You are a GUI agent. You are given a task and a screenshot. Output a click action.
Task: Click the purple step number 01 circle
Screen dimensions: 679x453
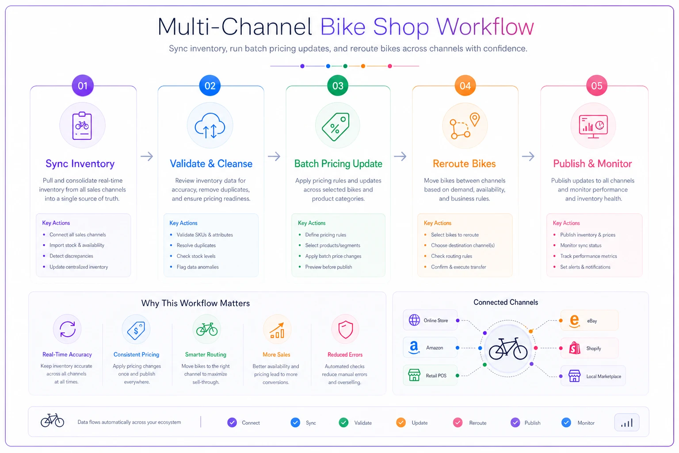coord(83,85)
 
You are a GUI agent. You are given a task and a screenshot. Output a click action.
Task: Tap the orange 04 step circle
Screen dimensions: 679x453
coord(465,85)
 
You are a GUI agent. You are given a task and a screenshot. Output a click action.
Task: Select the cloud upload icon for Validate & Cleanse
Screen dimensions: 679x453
coord(210,126)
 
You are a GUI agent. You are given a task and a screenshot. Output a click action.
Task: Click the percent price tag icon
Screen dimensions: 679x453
coord(336,127)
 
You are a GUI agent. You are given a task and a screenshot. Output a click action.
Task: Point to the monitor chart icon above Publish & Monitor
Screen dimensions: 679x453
coord(593,127)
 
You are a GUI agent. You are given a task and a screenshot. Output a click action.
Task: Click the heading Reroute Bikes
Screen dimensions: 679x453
coord(464,164)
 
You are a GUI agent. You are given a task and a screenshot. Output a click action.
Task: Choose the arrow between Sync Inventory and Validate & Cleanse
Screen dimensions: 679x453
coord(147,156)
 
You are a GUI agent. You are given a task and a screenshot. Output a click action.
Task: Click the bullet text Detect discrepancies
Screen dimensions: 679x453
coord(71,256)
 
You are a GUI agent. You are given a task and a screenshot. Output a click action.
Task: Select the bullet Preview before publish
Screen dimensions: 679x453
coord(328,267)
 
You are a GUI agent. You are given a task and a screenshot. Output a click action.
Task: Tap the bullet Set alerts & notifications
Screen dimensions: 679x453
coord(585,267)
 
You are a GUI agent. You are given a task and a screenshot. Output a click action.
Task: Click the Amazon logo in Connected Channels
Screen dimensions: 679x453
coord(414,347)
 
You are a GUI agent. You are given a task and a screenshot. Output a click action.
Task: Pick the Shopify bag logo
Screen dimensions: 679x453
coord(574,348)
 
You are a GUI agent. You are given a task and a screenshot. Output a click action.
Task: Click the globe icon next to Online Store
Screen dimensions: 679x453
coord(414,320)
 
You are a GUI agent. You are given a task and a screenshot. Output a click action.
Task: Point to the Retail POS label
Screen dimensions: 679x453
coord(436,376)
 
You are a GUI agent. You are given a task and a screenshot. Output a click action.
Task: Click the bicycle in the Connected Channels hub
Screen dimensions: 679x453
coord(508,348)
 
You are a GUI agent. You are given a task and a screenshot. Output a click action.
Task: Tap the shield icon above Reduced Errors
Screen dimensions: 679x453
coord(345,330)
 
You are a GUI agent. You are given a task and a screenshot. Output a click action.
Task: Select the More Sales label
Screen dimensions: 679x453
coord(276,354)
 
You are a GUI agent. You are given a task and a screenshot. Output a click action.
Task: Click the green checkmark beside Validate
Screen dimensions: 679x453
coord(343,422)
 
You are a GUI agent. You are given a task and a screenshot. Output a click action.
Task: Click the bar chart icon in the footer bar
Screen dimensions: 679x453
coord(626,422)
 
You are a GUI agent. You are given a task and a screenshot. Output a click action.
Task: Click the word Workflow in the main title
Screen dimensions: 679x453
coord(485,27)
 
